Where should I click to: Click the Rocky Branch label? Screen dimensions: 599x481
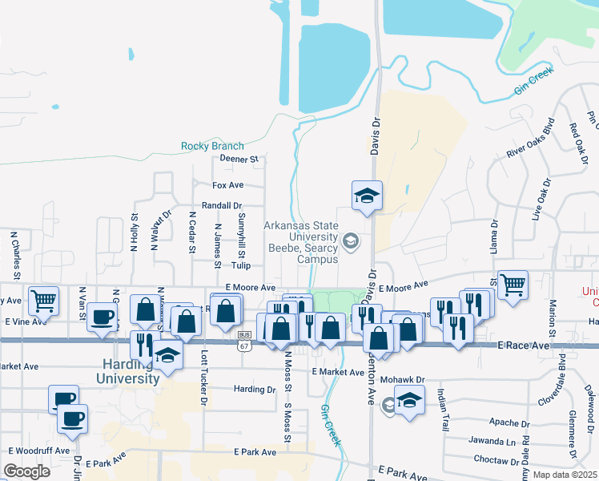(x=212, y=146)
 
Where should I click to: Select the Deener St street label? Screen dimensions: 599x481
(x=239, y=159)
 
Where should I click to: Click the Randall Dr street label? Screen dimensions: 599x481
(x=222, y=206)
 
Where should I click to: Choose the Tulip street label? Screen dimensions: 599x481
(x=241, y=265)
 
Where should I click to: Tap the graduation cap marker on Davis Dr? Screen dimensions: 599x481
(x=367, y=196)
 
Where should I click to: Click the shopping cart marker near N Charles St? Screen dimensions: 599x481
(x=43, y=301)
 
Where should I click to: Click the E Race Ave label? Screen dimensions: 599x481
(x=524, y=346)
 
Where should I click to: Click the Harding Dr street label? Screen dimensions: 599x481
(x=255, y=390)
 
